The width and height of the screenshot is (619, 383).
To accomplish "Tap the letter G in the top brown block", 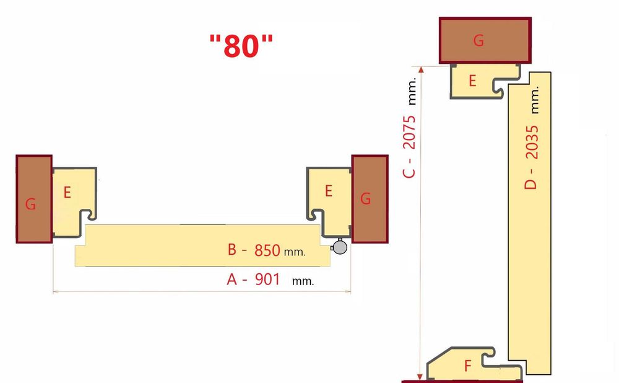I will [478, 41].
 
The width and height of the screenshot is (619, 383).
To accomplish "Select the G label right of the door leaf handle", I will [366, 199].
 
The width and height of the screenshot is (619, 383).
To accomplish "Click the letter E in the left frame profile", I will [67, 192].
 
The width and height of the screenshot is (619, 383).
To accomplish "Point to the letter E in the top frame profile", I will [472, 81].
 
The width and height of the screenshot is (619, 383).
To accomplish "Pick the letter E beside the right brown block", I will [329, 191].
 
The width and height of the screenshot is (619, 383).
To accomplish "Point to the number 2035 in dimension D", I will [530, 143].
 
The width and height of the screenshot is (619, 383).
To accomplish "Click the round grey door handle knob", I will [339, 247].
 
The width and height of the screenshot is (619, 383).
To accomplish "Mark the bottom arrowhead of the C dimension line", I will [421, 375].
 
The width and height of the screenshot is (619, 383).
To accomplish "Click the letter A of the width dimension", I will [232, 280].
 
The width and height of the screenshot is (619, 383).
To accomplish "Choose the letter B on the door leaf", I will [232, 250].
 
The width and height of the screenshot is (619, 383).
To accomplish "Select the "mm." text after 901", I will [303, 281].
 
